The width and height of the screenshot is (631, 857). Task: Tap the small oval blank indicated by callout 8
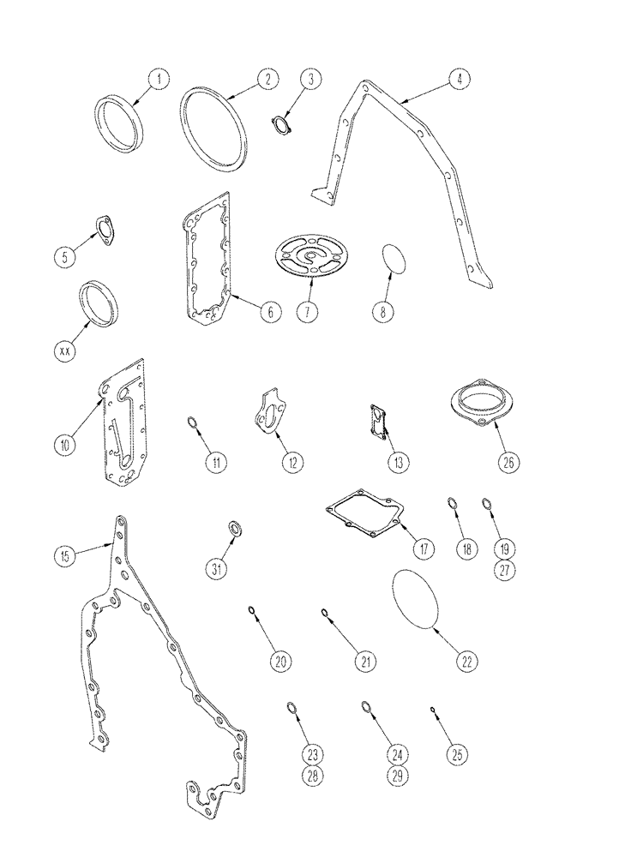pyautogui.click(x=394, y=259)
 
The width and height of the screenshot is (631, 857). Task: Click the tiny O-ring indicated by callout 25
pyautogui.click(x=434, y=710)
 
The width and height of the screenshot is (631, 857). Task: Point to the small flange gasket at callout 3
pyautogui.click(x=281, y=126)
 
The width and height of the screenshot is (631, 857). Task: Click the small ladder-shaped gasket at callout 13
pyautogui.click(x=378, y=423)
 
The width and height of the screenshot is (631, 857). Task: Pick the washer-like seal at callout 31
pyautogui.click(x=234, y=527)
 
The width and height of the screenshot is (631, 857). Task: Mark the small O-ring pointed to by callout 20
pyautogui.click(x=252, y=611)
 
